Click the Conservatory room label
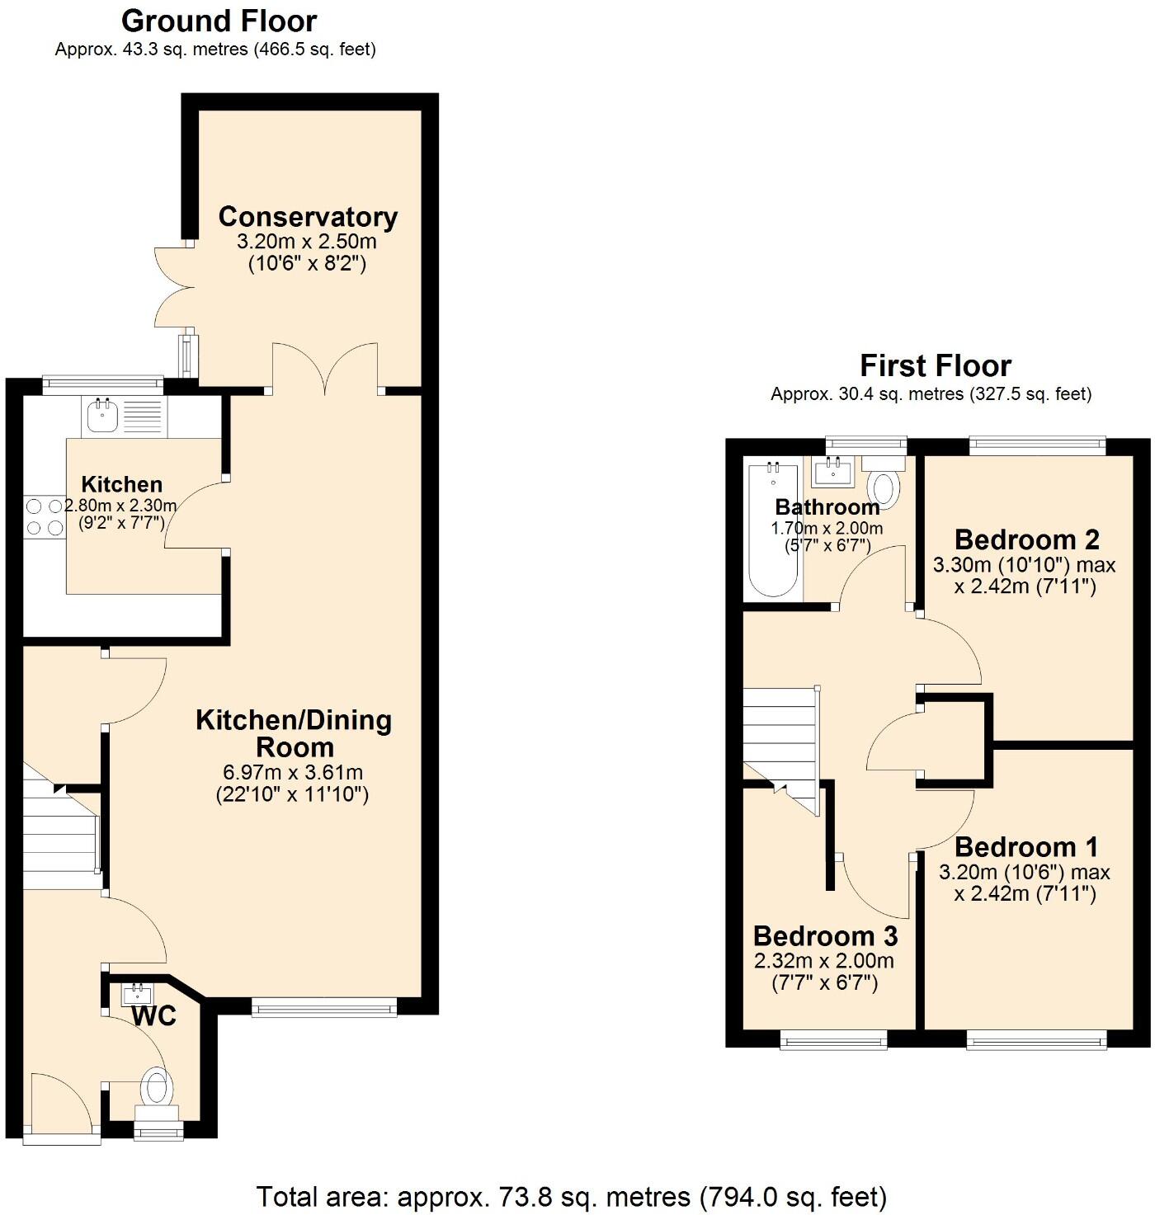tap(308, 217)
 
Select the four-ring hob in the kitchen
tap(45, 517)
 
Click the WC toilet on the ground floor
tap(157, 1087)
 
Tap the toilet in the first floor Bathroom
tap(884, 487)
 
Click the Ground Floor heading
tap(219, 21)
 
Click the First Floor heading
tap(935, 365)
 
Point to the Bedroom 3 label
tap(825, 936)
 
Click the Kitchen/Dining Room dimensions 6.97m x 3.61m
tap(293, 773)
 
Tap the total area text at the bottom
tap(571, 1196)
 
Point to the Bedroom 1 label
tap(1025, 847)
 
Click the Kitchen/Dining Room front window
tap(323, 1006)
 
